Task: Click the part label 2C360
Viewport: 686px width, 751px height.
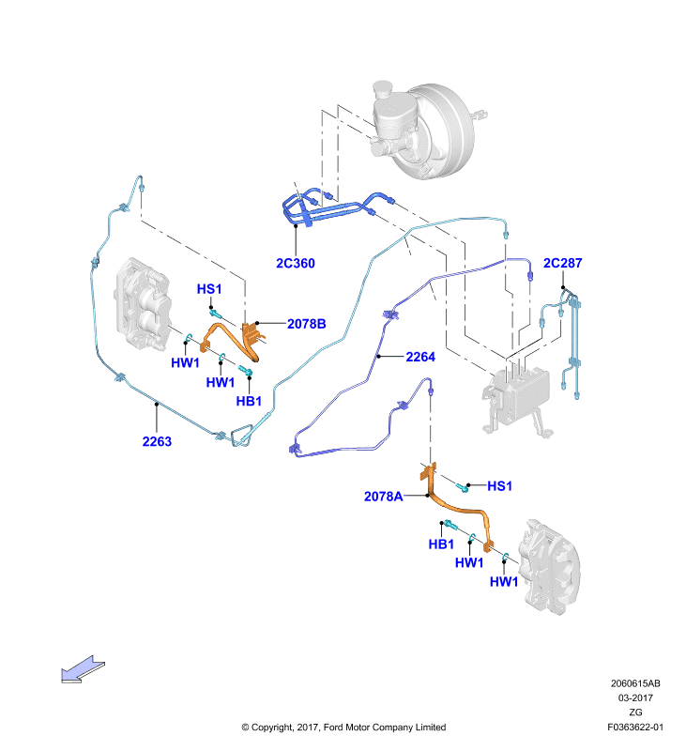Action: [x=296, y=264]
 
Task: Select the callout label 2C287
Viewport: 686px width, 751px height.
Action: [x=562, y=263]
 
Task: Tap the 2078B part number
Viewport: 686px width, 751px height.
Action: [x=306, y=324]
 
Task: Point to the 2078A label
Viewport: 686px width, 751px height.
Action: [x=384, y=497]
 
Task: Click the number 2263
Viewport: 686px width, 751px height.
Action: [x=157, y=441]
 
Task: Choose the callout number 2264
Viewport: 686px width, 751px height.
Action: [x=420, y=357]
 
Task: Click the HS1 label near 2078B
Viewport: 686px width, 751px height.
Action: [x=209, y=289]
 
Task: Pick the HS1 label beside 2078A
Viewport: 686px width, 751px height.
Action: [x=500, y=486]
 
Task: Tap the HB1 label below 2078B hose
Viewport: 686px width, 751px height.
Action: [x=249, y=402]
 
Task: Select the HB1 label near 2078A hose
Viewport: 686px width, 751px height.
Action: [x=441, y=544]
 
